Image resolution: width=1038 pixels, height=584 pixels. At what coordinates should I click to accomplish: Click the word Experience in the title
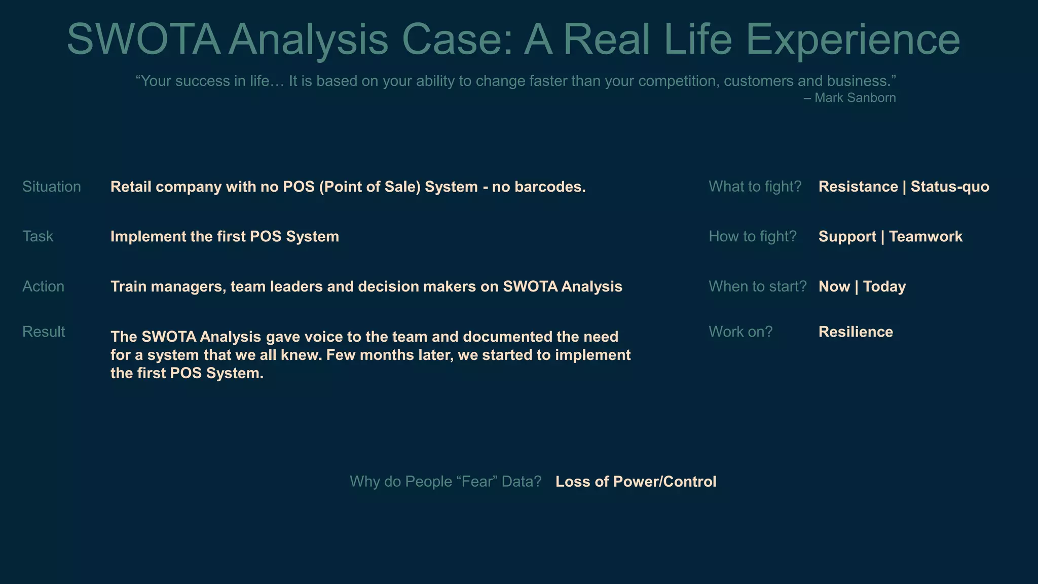(853, 40)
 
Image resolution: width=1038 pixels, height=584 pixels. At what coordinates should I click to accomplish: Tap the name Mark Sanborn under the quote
(855, 98)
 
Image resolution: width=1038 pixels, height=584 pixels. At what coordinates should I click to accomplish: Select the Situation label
(52, 187)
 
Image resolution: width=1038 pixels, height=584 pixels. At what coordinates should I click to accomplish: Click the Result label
(44, 332)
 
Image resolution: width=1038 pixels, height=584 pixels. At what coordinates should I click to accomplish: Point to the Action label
(43, 286)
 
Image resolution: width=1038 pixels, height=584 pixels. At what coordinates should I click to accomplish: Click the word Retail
(131, 187)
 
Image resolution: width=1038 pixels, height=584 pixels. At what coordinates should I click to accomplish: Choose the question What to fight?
(755, 187)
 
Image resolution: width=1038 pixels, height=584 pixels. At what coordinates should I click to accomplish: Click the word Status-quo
(950, 187)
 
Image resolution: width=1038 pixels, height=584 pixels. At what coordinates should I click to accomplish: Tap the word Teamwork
(925, 236)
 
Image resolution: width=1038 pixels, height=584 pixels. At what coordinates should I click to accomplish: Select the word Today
(884, 286)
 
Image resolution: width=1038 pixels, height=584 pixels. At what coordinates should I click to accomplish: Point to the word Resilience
(856, 332)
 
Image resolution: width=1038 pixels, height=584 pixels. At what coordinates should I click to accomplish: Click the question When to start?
(757, 286)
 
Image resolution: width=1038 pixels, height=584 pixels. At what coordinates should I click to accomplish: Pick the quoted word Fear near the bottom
(478, 481)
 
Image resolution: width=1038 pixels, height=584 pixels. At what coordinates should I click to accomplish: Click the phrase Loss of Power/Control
(636, 481)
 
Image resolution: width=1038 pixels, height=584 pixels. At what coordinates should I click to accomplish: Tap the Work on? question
(740, 332)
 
